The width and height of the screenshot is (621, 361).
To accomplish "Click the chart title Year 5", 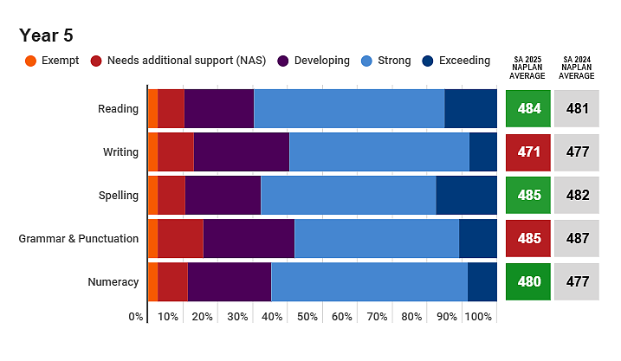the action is pos(46,35).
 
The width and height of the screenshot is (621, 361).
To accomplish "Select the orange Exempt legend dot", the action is pos(30,61).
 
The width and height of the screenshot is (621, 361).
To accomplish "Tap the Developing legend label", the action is pos(321,61).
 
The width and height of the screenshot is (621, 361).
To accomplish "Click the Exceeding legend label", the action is pos(464,61).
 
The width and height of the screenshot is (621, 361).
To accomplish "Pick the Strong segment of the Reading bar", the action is pos(349,108).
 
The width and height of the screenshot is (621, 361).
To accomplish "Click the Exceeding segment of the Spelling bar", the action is pos(467,195).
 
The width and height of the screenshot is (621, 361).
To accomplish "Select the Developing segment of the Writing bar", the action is pos(241,152).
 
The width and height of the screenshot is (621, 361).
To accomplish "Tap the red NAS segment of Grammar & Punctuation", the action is pos(180,238).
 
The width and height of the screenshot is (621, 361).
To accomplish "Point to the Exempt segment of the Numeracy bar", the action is pos(153,282).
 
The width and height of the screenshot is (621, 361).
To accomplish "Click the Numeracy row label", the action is pos(113,282).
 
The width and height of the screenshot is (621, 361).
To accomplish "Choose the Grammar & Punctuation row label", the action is pos(79,238).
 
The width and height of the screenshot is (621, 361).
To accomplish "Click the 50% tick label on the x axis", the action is pos(307,317).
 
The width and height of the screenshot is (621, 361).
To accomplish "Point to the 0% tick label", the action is pos(135,317).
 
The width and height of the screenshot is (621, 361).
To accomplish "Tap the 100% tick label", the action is pos(478,317).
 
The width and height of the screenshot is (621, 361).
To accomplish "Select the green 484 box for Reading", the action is pos(528,108).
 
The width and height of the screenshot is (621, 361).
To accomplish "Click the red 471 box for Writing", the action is pos(528,152).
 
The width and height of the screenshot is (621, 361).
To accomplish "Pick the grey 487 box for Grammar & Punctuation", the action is pos(577,238).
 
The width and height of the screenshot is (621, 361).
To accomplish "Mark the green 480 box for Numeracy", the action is pos(528,282).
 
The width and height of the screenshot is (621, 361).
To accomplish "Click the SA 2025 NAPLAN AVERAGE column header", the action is pos(527,68).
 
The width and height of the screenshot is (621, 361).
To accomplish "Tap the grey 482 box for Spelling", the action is pos(577,195).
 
